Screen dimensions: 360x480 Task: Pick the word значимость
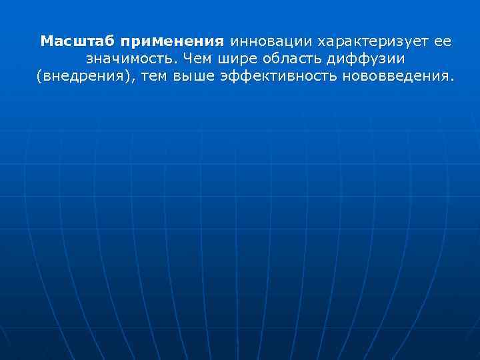point(131,59)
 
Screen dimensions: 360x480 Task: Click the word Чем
point(201,59)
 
